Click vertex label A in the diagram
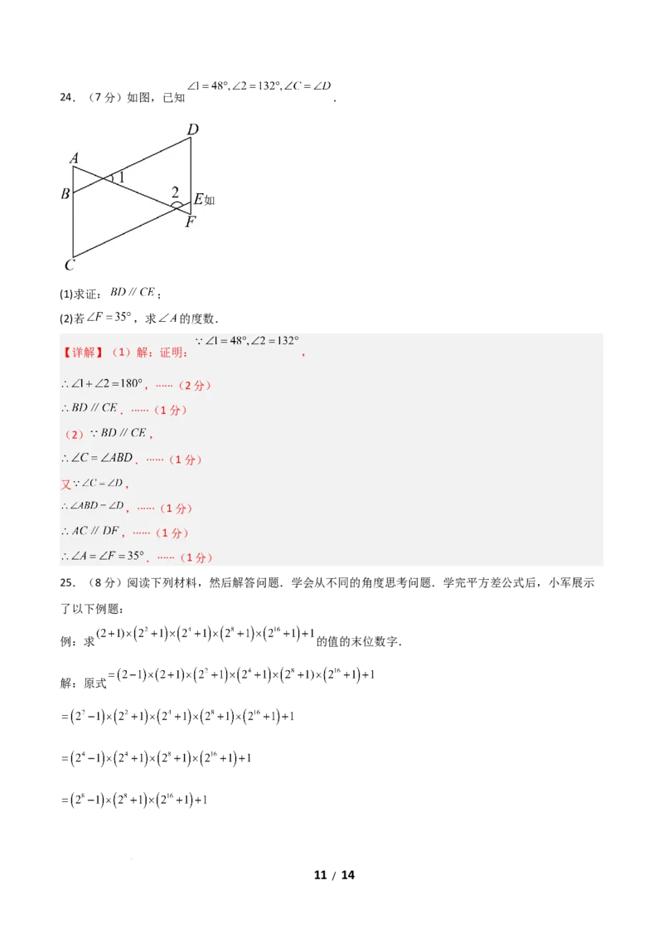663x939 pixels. (75, 158)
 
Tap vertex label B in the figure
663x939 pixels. (65, 194)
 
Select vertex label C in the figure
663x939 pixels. (70, 265)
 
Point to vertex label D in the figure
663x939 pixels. (192, 129)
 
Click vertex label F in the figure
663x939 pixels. (191, 221)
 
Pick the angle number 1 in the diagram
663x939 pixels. (121, 176)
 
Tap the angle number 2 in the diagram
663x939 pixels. (175, 192)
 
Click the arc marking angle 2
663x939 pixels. (177, 204)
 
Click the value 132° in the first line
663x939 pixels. (283, 341)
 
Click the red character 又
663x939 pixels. (66, 484)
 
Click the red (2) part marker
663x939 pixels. (74, 434)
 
